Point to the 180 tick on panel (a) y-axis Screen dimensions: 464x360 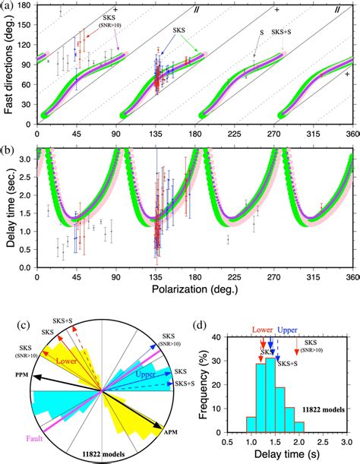tap(24, 5)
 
